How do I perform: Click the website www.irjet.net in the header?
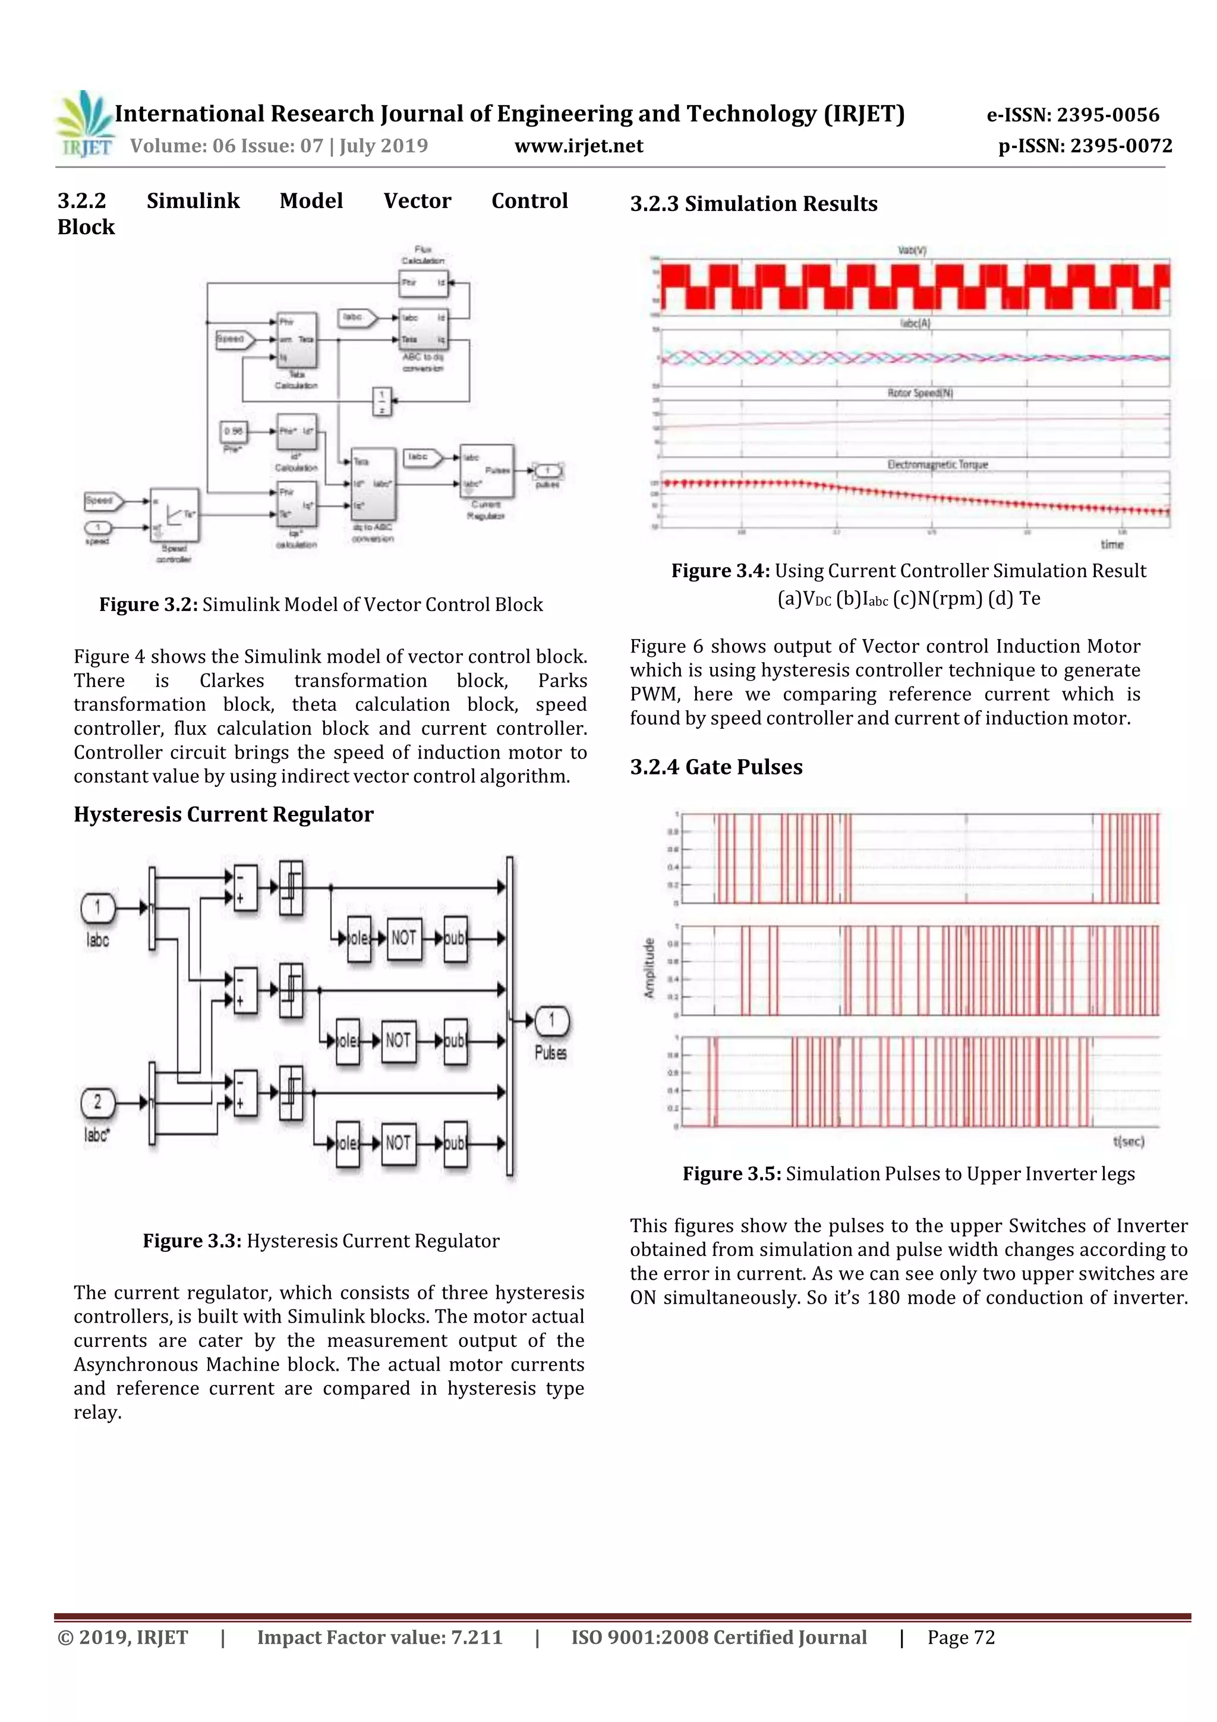click(578, 146)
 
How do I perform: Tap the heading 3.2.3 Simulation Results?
click(753, 203)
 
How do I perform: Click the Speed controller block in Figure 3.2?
click(175, 515)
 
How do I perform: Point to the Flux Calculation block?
click(423, 284)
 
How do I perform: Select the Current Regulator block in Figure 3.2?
click(487, 471)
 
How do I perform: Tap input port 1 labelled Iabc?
click(97, 908)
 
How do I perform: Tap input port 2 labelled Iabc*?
click(97, 1103)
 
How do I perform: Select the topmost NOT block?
click(403, 938)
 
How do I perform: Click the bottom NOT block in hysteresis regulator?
click(398, 1143)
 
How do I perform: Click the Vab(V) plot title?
click(912, 250)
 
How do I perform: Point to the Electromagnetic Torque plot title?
click(937, 465)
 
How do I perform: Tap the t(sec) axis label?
click(1128, 1141)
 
